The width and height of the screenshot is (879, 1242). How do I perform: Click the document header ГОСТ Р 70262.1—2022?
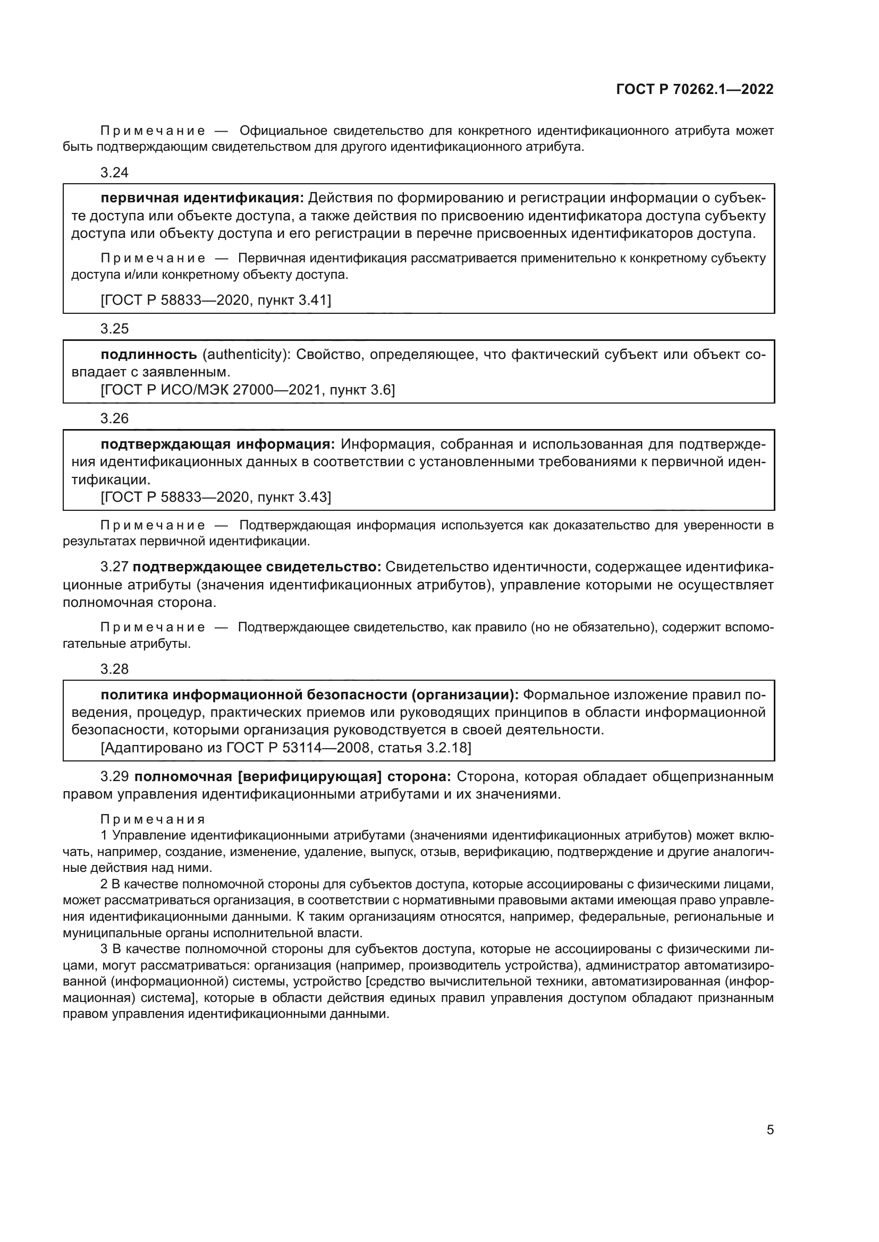coord(695,90)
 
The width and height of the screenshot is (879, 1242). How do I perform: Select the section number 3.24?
coord(115,173)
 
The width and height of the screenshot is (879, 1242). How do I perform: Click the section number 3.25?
coord(115,329)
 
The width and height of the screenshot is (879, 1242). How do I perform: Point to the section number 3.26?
coord(115,418)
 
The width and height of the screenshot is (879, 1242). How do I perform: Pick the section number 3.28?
coord(115,669)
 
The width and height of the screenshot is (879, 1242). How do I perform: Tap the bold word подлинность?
coord(149,355)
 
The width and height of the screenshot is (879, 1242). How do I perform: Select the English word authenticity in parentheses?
coord(244,355)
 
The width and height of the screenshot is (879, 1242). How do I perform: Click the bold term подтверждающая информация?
coord(218,444)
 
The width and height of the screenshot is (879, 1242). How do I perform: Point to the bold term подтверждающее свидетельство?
coord(257,567)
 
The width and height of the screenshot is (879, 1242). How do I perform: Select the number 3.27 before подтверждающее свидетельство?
coord(115,567)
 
